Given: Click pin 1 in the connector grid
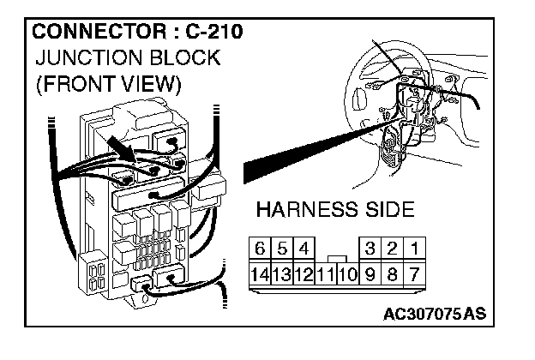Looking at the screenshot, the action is (x=415, y=249).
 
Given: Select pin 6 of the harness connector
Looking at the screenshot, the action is (x=260, y=249).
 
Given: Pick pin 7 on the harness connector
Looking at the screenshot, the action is (x=415, y=276).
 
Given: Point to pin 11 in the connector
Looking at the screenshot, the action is (x=325, y=276).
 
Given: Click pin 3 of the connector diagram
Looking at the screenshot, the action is (x=370, y=249).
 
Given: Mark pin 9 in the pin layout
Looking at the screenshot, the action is (x=370, y=276).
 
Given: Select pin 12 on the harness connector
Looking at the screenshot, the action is (x=304, y=276).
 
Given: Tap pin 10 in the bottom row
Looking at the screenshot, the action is (x=347, y=276).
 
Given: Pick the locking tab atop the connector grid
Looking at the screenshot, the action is (x=337, y=258).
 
